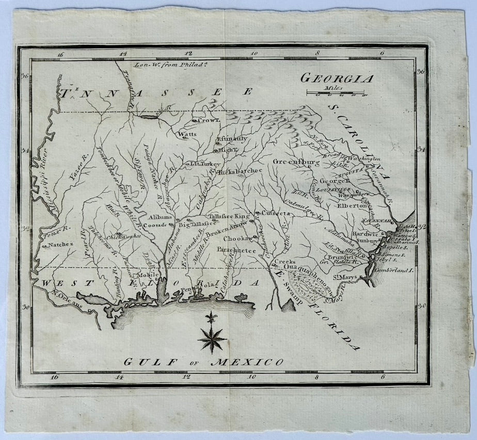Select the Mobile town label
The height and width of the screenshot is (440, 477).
click(x=148, y=275)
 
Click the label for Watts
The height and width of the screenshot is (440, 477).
click(x=187, y=135)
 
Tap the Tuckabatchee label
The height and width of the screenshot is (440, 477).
click(x=240, y=171)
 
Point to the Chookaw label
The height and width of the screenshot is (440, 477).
click(x=238, y=238)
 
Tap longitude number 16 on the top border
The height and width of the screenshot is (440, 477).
click(x=60, y=54)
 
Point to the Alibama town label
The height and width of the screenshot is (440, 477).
click(x=160, y=217)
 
